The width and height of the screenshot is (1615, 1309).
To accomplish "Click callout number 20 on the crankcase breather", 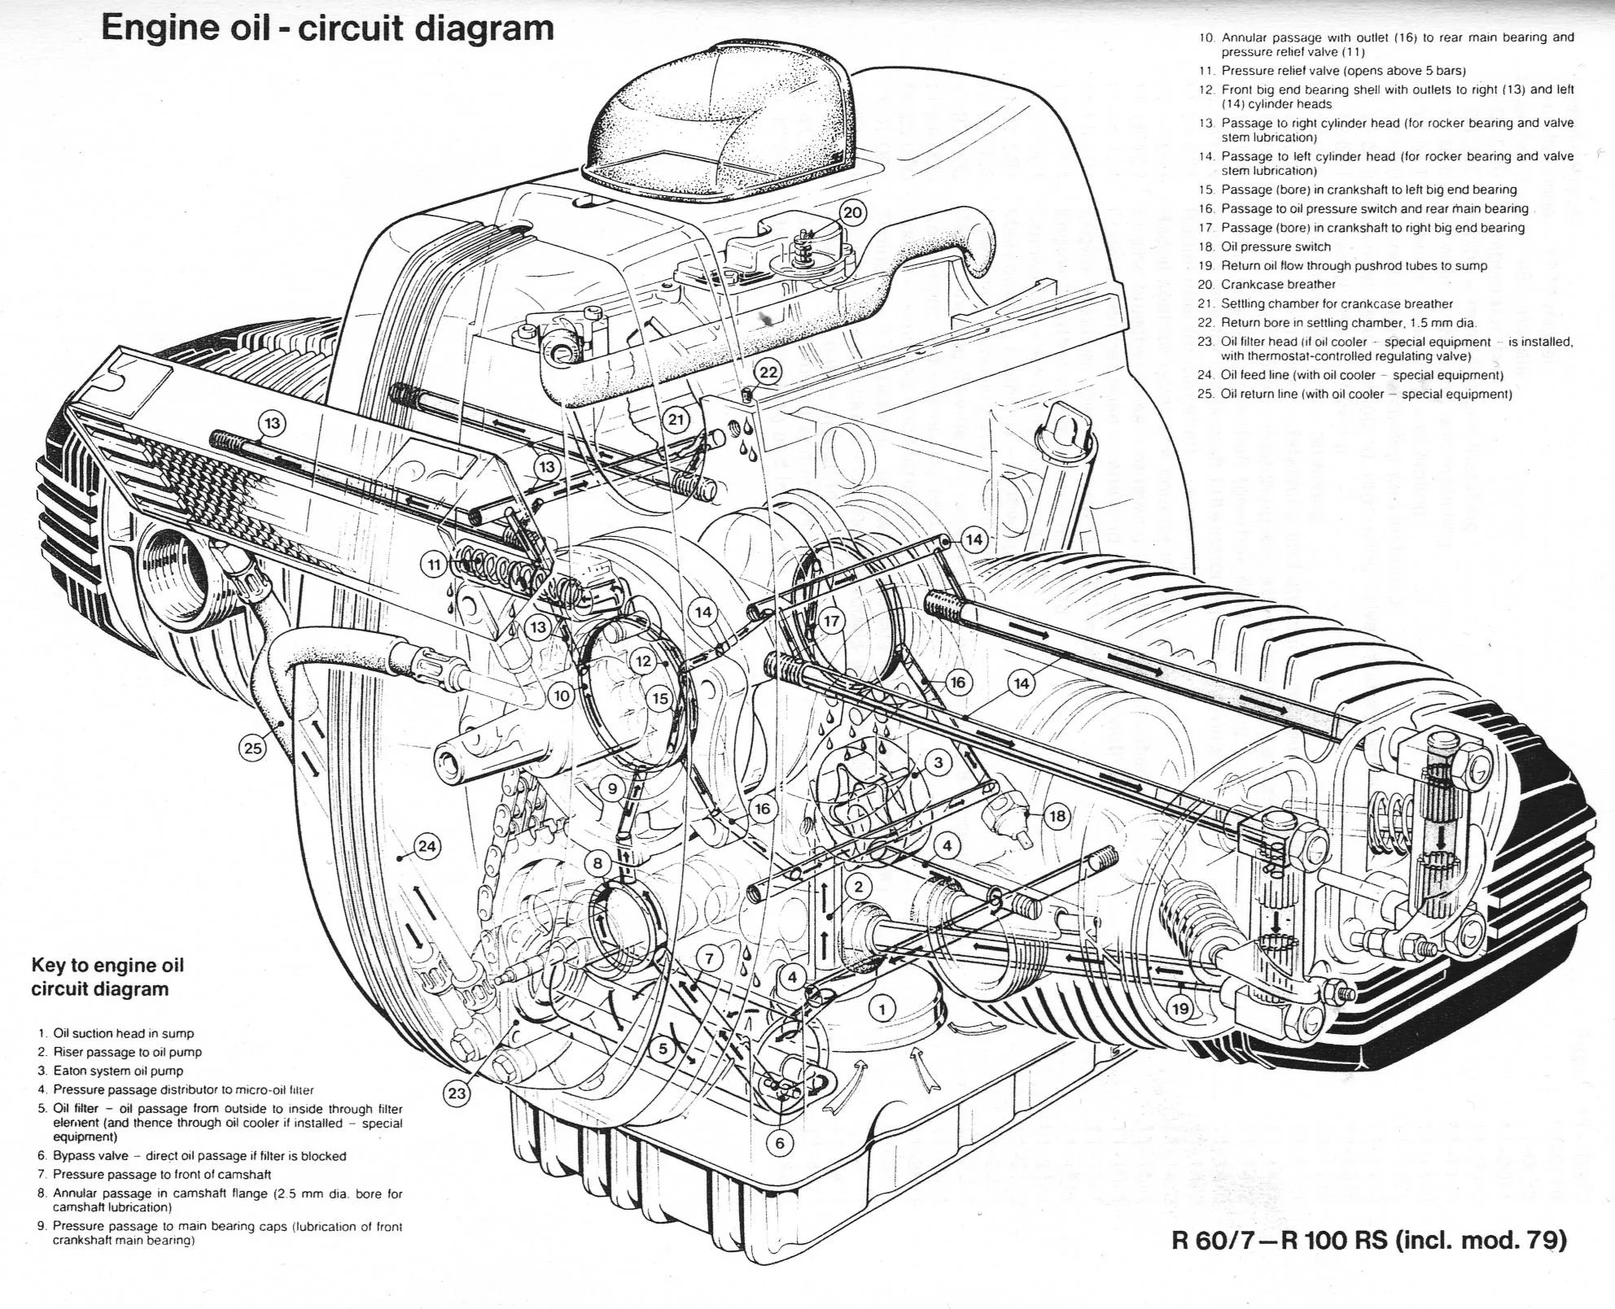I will pos(851,213).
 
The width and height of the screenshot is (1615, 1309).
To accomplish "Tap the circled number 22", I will pos(768,373).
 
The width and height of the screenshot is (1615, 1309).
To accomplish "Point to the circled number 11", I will pos(435,564).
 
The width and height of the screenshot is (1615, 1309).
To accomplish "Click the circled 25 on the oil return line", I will pos(253,747).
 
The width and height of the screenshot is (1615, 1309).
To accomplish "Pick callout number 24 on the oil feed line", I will pos(427,846).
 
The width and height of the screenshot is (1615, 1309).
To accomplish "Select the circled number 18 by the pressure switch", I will pos(1057,816).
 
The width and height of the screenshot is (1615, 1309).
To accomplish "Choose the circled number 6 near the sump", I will pos(780,1143).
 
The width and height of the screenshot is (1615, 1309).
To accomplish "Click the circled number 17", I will pos(831,622).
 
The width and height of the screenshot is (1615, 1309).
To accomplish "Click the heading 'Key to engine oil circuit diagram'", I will pos(107,977).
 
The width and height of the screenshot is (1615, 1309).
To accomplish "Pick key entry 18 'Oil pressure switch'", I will pos(1275,247).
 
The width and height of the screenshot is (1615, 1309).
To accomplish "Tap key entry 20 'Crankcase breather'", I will pos(1277,284).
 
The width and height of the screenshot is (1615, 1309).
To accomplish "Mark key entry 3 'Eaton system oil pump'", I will pos(117,1071).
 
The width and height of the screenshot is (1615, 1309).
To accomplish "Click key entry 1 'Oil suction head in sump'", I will pos(122,1033).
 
